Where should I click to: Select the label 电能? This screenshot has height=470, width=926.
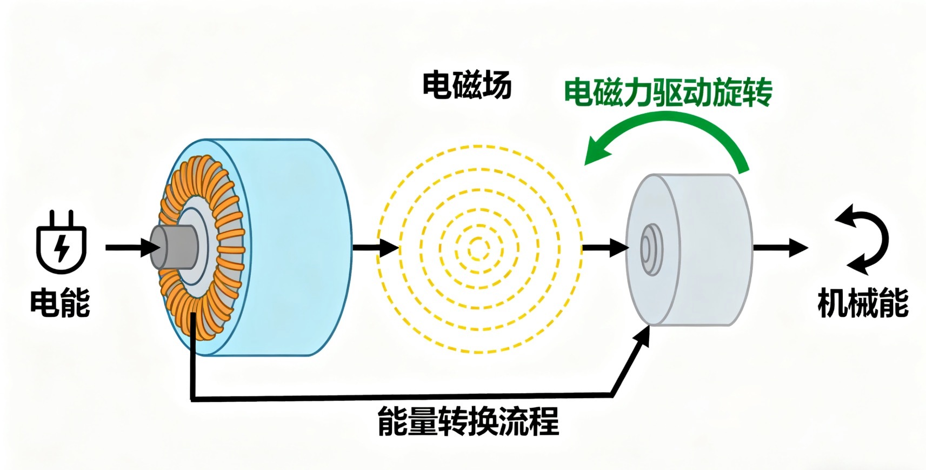click(61, 303)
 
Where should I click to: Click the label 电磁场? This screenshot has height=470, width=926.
click(467, 85)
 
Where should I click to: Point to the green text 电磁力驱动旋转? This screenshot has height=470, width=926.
click(668, 92)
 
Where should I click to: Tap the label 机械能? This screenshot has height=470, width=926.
click(863, 303)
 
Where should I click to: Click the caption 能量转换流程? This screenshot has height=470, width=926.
click(468, 421)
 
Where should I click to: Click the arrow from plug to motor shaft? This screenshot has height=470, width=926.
click(132, 247)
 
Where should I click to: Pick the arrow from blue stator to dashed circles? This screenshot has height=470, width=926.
click(375, 247)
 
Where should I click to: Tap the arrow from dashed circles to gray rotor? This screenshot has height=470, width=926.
click(605, 248)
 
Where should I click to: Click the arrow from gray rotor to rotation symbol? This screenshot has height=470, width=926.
click(781, 248)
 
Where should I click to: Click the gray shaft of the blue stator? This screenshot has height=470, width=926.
click(174, 247)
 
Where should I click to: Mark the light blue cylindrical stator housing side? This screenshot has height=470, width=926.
click(289, 247)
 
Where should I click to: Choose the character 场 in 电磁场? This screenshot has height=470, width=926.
click(497, 85)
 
